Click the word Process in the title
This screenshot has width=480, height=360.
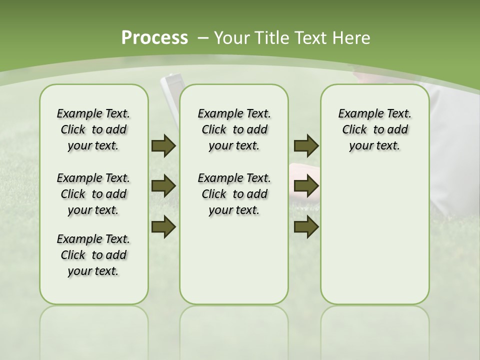[x=154, y=38]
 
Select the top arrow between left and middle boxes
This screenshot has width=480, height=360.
[x=163, y=146]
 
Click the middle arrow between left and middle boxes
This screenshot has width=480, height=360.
[x=163, y=186]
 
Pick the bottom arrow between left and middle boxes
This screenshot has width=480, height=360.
[x=163, y=227]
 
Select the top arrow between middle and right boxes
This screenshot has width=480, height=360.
[x=306, y=146]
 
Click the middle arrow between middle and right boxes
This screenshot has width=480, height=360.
[x=306, y=186]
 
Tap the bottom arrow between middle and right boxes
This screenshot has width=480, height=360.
[x=306, y=227]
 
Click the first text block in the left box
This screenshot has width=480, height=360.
[x=93, y=129]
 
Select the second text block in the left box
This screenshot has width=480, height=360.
[x=93, y=194]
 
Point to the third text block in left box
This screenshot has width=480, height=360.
[x=93, y=255]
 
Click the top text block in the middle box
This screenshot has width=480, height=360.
[x=234, y=129]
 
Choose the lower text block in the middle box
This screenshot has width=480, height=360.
[x=234, y=194]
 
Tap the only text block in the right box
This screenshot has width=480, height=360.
[x=374, y=129]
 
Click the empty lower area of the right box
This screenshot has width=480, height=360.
[x=374, y=235]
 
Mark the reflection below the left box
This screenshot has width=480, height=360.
[x=93, y=325]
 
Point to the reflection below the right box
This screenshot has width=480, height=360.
[x=374, y=325]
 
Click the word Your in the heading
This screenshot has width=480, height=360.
[x=233, y=38]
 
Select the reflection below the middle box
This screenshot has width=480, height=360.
[x=234, y=325]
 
